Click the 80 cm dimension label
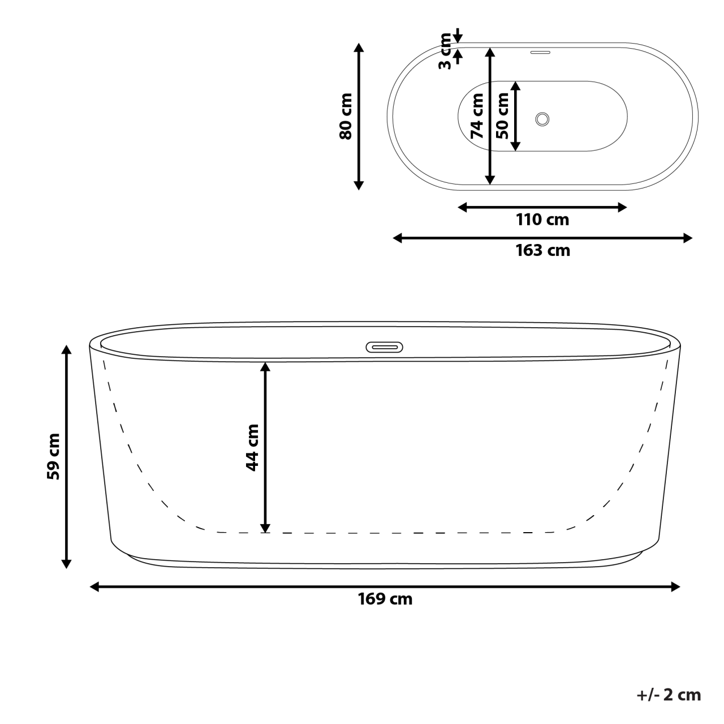coord(346,116)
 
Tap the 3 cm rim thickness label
coord(446,52)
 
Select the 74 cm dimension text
coord(477,116)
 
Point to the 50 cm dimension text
coord(502,116)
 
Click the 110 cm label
coord(542,220)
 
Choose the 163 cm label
coord(542,250)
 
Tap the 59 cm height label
coord(53,456)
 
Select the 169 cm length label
coord(385,599)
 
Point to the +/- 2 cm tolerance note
coord(669,695)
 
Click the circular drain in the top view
coord(542,119)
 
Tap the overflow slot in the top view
coord(540,53)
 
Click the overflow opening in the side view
coord(385,347)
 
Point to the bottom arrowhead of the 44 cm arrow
coord(264,528)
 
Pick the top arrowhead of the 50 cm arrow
coord(515,86)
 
